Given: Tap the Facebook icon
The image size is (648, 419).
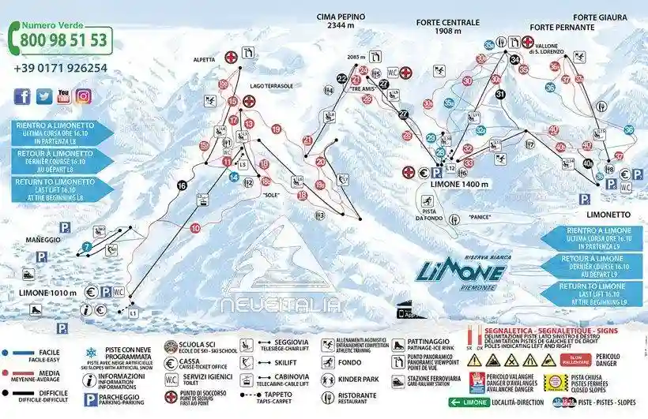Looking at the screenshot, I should click(x=22, y=96).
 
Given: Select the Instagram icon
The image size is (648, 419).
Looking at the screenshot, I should click(x=82, y=96).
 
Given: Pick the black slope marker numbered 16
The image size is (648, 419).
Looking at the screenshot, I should click(x=183, y=185).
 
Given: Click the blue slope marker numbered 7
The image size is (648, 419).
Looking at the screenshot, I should click(x=87, y=248).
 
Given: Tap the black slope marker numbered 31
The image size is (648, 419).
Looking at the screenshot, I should click(x=499, y=94).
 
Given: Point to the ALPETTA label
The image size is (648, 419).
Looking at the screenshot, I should click(x=205, y=58).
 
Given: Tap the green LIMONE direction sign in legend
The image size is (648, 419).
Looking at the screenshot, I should click(x=469, y=401).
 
